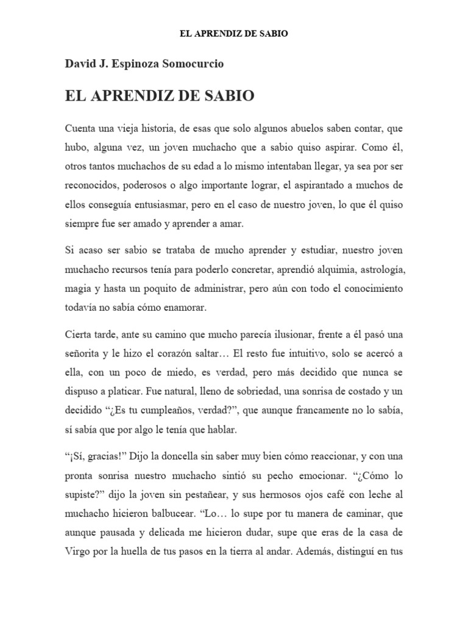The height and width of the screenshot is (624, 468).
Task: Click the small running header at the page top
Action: click(x=234, y=34)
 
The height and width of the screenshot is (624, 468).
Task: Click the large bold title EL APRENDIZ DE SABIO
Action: click(x=160, y=96)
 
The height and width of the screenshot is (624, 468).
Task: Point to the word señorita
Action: click(x=84, y=353)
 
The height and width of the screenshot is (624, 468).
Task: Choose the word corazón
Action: click(x=178, y=353)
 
